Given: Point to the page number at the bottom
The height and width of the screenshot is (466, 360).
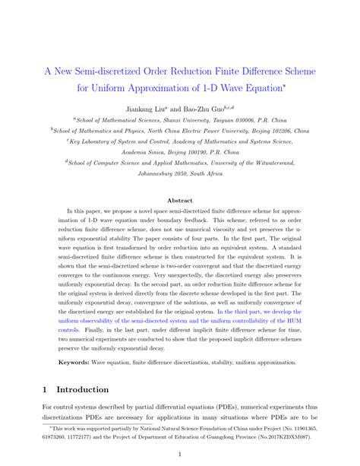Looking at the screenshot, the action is click(179, 456).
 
